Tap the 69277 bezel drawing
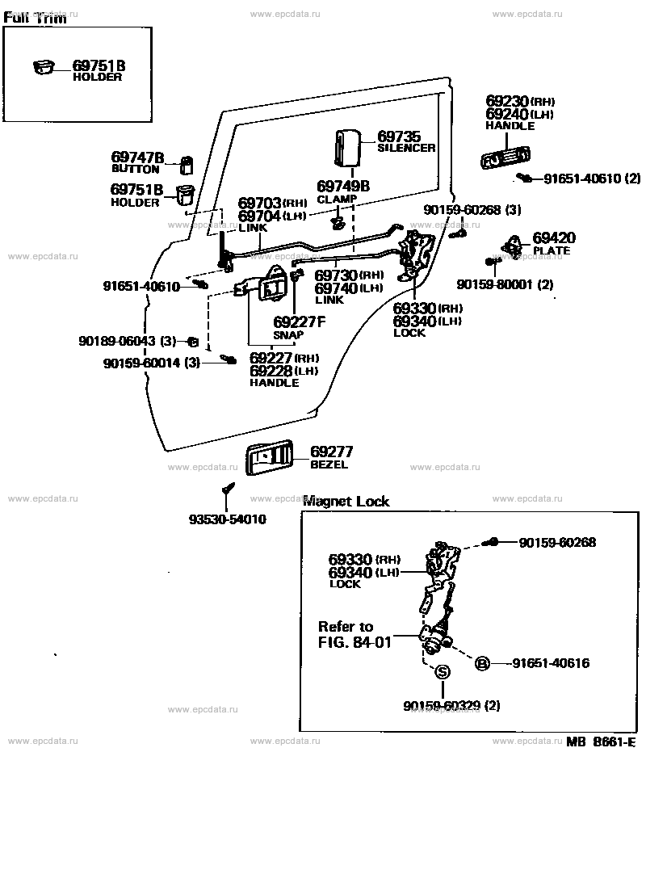tap(269, 458)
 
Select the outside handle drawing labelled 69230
tap(505, 158)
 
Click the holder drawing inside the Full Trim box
tap(44, 67)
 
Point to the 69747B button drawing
tap(187, 165)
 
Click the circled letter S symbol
tap(442, 672)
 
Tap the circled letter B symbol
tap(482, 663)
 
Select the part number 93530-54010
tap(228, 519)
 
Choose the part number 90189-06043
tap(118, 341)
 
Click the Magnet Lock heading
tap(346, 501)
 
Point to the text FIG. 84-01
tap(355, 642)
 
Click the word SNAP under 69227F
tap(288, 335)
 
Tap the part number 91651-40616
tap(551, 663)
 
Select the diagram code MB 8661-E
tap(601, 742)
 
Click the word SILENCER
tap(406, 148)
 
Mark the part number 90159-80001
tap(497, 284)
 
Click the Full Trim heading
tap(35, 18)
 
